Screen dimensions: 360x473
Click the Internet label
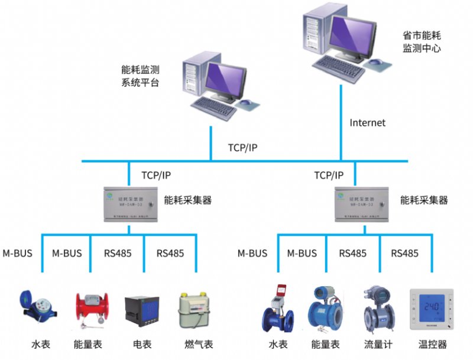tap(367, 123)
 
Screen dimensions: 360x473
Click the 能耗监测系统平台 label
tap(140, 76)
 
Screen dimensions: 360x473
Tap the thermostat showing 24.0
tap(430, 309)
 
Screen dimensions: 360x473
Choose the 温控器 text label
tap(432, 345)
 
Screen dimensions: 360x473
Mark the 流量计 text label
tap(378, 345)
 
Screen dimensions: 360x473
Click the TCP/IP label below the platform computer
tap(242, 147)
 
